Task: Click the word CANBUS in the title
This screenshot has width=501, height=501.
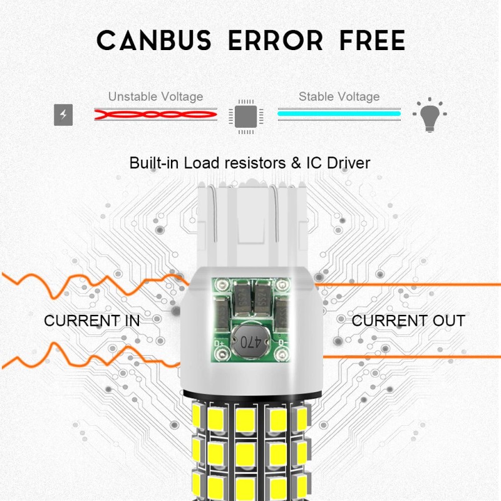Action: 154,41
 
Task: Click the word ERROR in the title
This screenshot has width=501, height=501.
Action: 276,41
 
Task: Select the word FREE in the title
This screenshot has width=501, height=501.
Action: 372,41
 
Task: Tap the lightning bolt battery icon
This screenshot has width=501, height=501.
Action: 63,115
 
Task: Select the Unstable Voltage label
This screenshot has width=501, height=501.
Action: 155,96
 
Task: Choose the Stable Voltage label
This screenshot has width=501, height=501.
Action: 339,96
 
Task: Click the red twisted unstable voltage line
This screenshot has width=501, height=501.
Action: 156,115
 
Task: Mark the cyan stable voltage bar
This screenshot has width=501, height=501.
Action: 339,114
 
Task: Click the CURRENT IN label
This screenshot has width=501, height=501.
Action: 91,321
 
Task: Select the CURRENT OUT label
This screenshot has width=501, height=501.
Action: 408,321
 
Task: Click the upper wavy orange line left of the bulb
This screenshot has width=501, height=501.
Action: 94,285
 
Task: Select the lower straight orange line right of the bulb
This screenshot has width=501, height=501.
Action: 407,356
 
